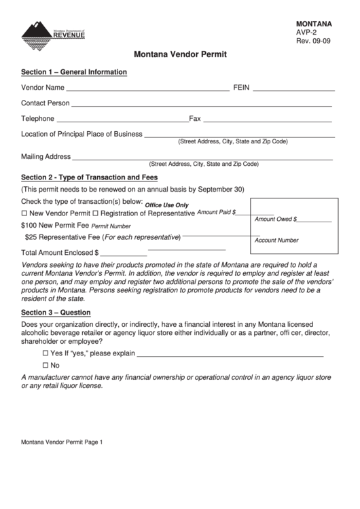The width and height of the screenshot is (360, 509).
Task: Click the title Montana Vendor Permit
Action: click(x=180, y=53)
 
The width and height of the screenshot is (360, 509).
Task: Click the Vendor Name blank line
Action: click(x=147, y=89)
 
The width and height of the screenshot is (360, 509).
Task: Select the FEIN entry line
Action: click(x=293, y=89)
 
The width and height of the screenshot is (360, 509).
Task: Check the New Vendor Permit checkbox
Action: click(x=25, y=214)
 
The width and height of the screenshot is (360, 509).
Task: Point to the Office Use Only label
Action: click(x=166, y=205)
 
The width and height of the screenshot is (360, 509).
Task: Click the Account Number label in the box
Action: click(x=276, y=240)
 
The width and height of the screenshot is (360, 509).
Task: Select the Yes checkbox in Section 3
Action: click(x=46, y=354)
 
